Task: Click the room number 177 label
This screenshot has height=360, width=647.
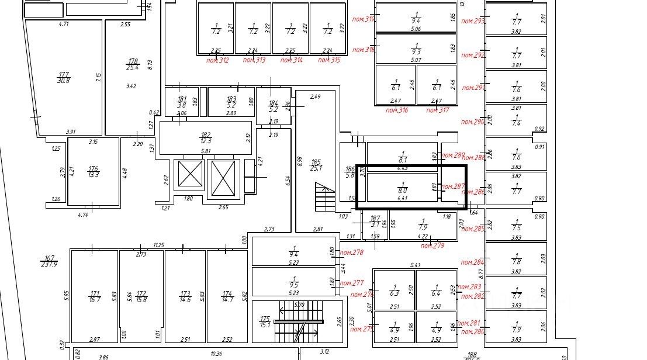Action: [63, 74]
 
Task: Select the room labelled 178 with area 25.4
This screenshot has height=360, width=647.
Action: [133, 61]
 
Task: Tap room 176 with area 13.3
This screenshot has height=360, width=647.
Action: [93, 169]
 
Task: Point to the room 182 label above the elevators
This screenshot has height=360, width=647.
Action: [205, 134]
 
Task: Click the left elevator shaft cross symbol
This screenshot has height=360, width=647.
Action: [189, 174]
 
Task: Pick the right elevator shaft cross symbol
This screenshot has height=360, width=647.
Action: [222, 177]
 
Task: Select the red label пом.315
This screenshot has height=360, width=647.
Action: [329, 60]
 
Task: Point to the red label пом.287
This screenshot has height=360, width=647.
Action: [453, 187]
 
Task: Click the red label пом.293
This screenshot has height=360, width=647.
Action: [473, 21]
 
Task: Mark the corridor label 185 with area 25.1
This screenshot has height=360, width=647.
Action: [316, 165]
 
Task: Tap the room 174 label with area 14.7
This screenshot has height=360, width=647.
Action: [227, 296]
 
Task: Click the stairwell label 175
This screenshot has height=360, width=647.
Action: [265, 321]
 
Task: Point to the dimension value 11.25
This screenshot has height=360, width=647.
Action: [158, 245]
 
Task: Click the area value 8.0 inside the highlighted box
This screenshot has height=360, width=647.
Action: [402, 190]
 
